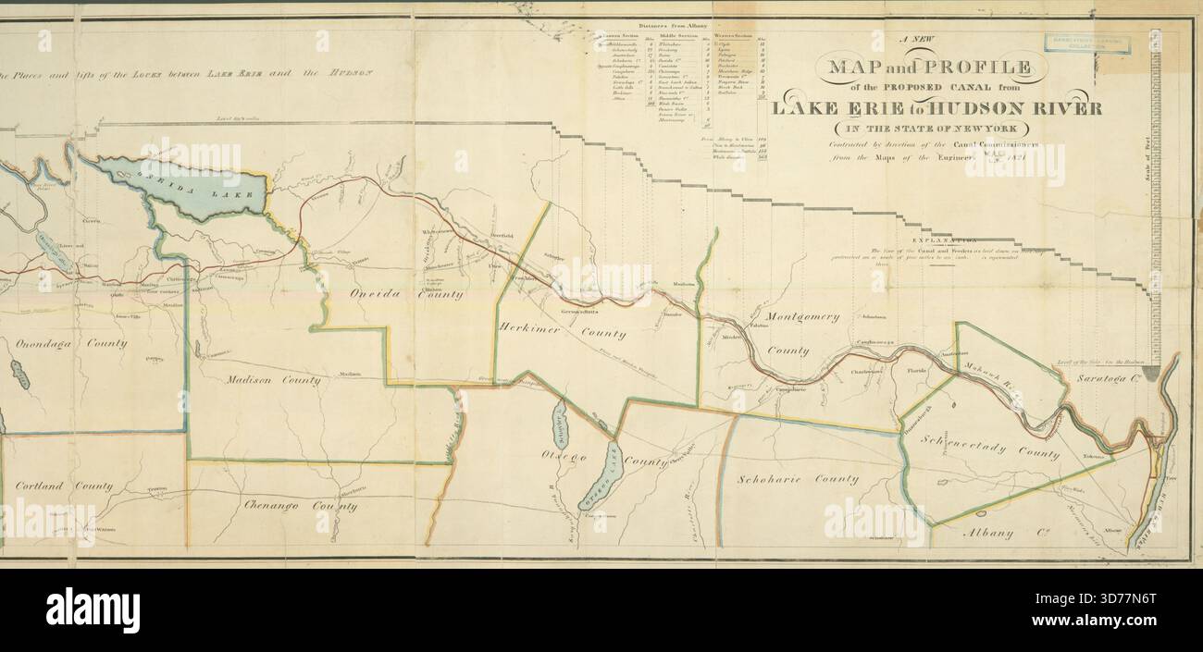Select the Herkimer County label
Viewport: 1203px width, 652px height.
pos(563,331)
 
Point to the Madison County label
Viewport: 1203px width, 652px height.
pos(274,379)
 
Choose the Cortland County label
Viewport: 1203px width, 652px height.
pos(64,486)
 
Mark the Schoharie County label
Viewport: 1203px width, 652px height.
pos(797,479)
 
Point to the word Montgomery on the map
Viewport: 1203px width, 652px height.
pos(803,316)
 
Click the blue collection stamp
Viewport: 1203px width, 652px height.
pos(1087,43)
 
